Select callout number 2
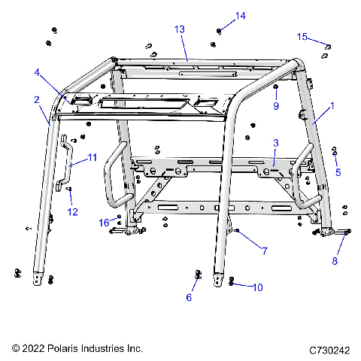[36, 99]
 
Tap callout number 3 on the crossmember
[276, 142]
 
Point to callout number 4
[36, 72]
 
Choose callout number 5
[338, 171]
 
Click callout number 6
[189, 298]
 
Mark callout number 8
[335, 260]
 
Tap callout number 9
[275, 106]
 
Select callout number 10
[257, 287]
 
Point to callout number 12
[73, 212]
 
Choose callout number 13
[180, 29]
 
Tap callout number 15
[302, 36]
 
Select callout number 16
[105, 223]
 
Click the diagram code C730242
[330, 350]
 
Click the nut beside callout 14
[219, 31]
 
